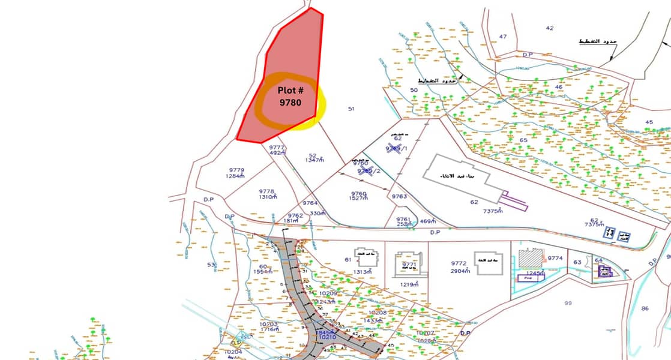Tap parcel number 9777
[277, 147]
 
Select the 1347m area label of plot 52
[314, 160]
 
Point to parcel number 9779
[236, 170]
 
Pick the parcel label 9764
[310, 203]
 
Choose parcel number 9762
[295, 215]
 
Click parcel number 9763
[399, 196]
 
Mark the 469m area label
[428, 221]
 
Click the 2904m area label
[460, 271]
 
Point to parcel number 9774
[555, 258]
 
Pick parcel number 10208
[377, 313]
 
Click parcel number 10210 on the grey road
[327, 337]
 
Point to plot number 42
[550, 28]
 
